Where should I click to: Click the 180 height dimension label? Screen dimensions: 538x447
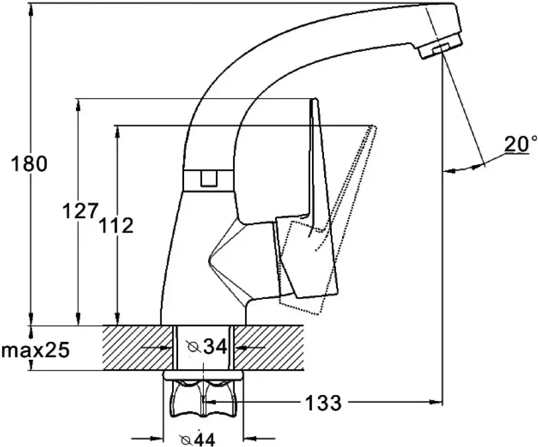point(29,163)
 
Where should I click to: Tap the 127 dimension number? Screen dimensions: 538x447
point(80,210)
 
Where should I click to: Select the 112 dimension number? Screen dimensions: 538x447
point(116,225)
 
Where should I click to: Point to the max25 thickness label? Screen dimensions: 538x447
point(35,350)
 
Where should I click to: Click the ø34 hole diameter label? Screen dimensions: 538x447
point(207,347)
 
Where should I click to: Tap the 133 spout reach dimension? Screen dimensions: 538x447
point(323,402)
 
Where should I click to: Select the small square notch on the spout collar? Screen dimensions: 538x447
point(209,179)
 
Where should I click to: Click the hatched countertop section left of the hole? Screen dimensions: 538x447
point(137,348)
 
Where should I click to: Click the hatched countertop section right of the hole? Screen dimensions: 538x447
point(270,348)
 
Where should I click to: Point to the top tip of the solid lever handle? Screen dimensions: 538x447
point(314,99)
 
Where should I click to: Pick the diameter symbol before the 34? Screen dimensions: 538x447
point(194,347)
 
